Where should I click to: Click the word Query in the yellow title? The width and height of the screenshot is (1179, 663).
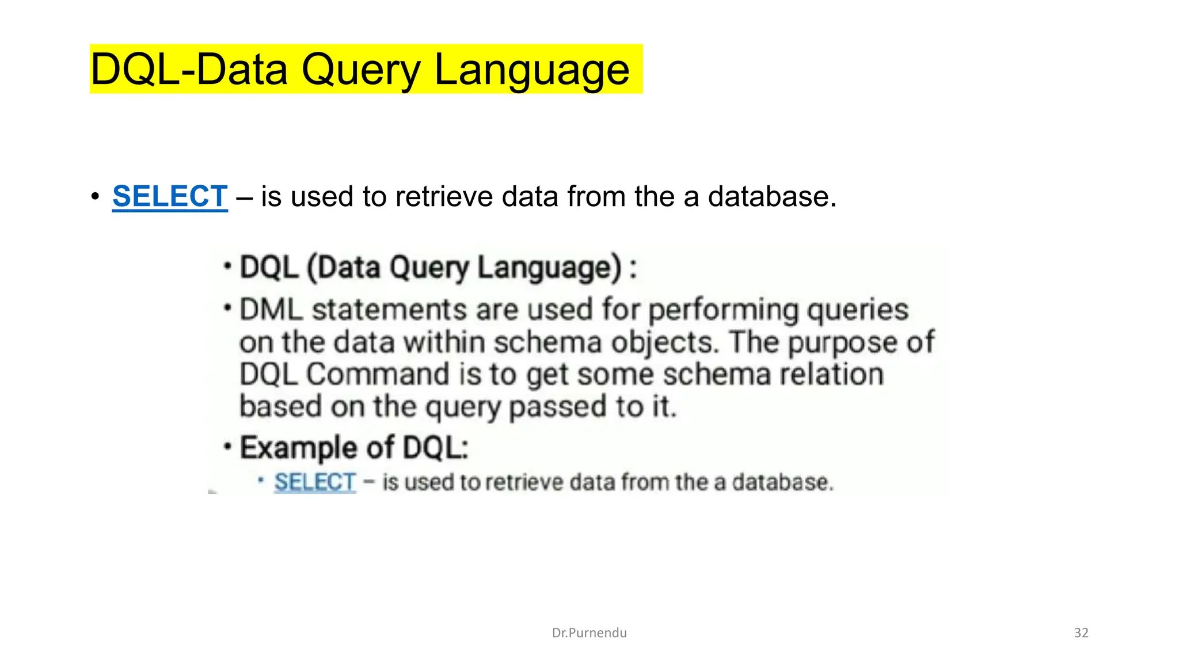(x=361, y=70)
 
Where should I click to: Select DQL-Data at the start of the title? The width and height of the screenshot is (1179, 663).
(x=189, y=70)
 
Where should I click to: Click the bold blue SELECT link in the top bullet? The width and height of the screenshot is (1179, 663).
(x=170, y=197)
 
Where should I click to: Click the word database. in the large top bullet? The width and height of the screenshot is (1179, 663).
(x=772, y=197)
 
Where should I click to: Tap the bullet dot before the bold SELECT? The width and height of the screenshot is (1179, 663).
(x=96, y=197)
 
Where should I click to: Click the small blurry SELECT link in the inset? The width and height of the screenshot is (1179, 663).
(x=315, y=482)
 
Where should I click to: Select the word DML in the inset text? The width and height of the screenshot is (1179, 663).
(x=271, y=310)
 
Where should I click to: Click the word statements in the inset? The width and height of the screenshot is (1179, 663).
(x=389, y=310)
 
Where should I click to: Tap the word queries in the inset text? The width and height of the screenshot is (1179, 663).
(x=857, y=311)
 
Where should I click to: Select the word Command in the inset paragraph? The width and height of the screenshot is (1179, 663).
(x=377, y=375)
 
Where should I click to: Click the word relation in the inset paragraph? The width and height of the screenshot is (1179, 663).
(x=831, y=375)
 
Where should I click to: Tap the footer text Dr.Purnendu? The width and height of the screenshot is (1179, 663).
(x=589, y=633)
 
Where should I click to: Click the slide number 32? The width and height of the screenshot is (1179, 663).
(x=1081, y=633)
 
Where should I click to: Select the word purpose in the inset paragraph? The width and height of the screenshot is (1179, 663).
(x=842, y=343)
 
